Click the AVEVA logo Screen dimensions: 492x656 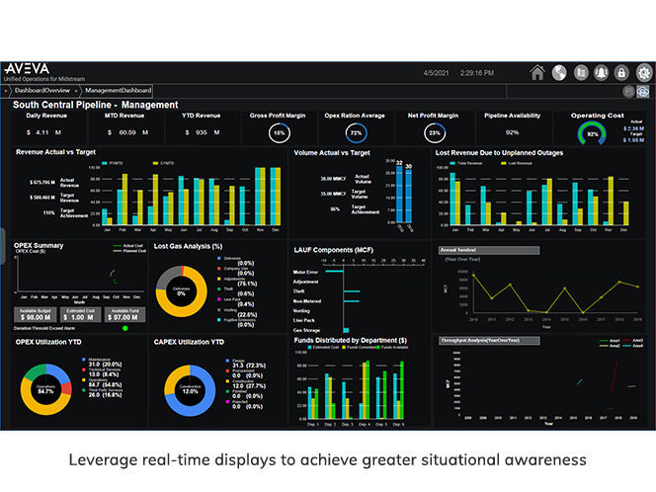tap(27, 69)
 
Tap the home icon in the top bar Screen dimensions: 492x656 tap(537, 72)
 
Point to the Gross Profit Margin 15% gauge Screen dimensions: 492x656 tap(280, 131)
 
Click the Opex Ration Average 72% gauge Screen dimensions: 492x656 tap(357, 131)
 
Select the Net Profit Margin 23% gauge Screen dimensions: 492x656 tap(434, 131)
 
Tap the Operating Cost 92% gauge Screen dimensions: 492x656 tap(593, 132)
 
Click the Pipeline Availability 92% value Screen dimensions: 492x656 tap(513, 131)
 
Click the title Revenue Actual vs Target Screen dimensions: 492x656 tap(57, 153)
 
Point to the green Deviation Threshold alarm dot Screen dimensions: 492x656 tap(124, 328)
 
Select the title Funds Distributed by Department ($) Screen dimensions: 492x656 tap(353, 340)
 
